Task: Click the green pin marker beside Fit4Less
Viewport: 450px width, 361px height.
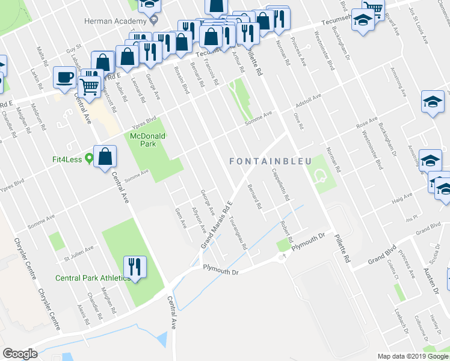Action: (89, 159)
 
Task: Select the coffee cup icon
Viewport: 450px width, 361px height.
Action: (64, 77)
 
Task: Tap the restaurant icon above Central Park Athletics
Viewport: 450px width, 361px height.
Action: (134, 265)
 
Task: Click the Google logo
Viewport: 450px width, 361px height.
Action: (20, 354)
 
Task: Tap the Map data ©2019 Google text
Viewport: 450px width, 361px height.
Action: (412, 356)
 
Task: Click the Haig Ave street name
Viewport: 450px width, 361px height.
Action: (402, 197)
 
